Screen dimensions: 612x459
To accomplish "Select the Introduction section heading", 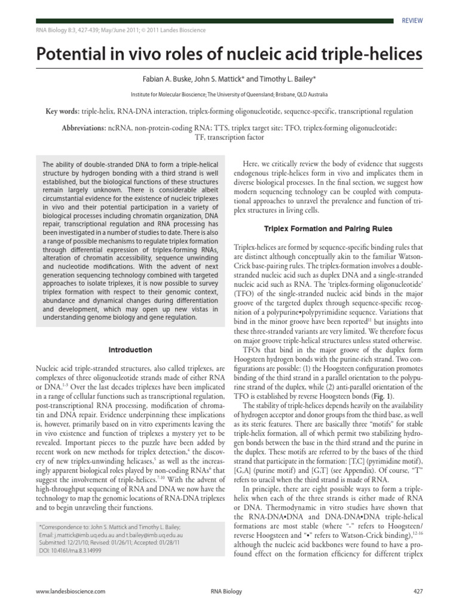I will (130, 350).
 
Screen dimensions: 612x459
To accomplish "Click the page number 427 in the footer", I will (418, 590).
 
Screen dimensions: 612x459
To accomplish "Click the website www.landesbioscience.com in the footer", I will (71, 590).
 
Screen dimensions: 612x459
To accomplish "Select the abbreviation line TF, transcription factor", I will (229, 137).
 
